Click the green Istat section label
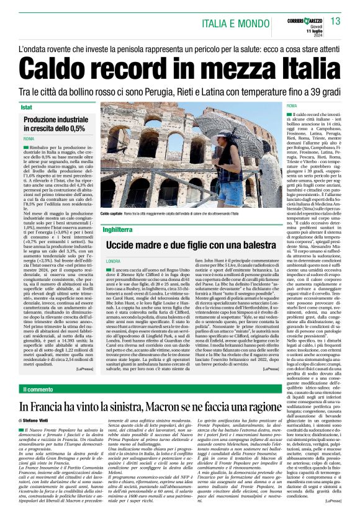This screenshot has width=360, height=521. click(x=29, y=108)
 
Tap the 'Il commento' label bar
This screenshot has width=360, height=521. click(x=40, y=390)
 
